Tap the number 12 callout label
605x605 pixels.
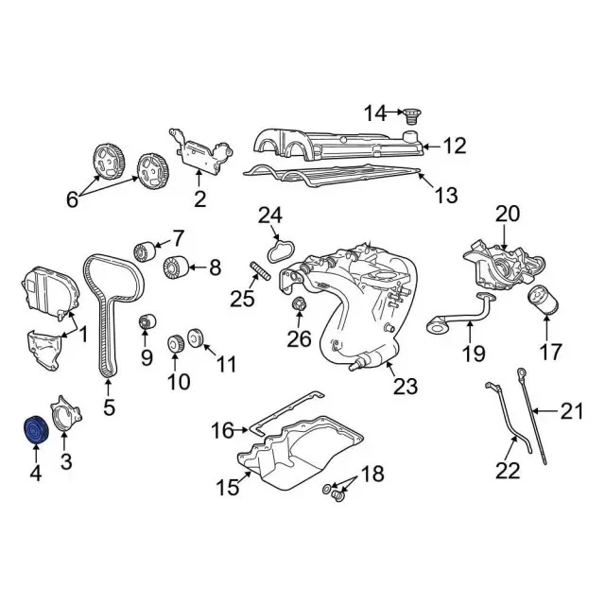[x=455, y=146]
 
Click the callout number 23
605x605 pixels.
[x=405, y=386]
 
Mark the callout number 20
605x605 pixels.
[x=508, y=215]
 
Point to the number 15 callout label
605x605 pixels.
[x=228, y=488]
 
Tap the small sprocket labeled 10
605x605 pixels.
[x=175, y=344]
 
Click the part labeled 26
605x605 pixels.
[x=300, y=304]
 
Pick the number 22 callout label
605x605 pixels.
[x=508, y=470]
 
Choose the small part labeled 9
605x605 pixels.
[x=147, y=323]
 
